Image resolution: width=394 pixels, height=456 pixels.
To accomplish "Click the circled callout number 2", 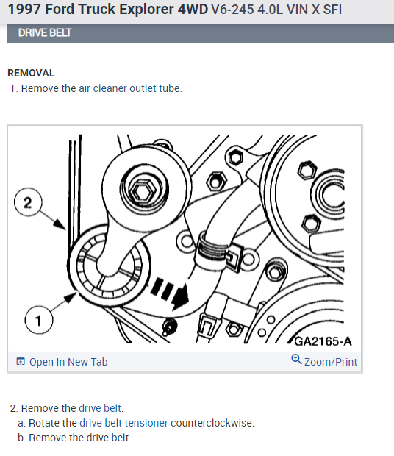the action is tap(28, 202).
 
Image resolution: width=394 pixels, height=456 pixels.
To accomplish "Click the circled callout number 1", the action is tap(39, 320).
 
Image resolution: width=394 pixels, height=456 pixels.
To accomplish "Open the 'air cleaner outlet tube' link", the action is tap(129, 88).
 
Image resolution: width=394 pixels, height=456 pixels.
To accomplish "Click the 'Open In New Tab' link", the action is tap(68, 362).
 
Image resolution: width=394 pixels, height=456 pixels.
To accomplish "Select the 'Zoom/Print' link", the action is tap(331, 362).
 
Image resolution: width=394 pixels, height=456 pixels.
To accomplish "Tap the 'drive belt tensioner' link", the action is tap(123, 423).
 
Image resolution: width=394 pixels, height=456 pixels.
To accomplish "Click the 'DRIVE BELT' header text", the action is tap(45, 32).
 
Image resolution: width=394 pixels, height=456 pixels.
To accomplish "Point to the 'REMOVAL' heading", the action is tap(31, 73).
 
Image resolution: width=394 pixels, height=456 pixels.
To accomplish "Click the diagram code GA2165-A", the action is tap(323, 341).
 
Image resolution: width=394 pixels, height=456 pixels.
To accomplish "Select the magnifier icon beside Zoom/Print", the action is tap(296, 359).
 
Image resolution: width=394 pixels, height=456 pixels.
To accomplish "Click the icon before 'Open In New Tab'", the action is tap(21, 361).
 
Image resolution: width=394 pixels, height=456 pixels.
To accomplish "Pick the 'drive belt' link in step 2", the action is tap(100, 408).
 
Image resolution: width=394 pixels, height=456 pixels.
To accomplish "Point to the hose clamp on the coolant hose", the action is tap(212, 250).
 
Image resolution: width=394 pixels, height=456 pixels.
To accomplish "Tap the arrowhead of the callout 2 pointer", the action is tap(60, 224).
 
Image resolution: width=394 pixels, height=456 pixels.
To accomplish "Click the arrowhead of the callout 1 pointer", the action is tap(71, 298).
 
